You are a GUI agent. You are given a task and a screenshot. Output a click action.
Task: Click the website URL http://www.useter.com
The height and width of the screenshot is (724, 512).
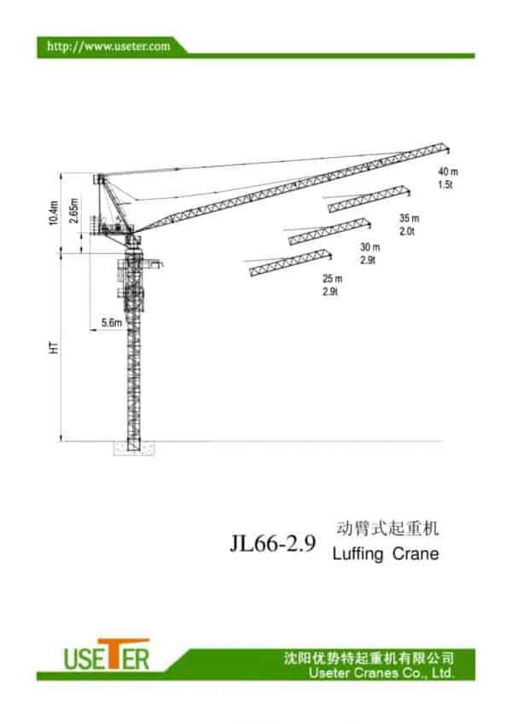click(x=108, y=45)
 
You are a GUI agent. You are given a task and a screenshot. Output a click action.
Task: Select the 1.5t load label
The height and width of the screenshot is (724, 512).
click(x=445, y=184)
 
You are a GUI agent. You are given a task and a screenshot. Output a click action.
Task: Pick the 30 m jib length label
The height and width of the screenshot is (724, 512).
click(x=369, y=248)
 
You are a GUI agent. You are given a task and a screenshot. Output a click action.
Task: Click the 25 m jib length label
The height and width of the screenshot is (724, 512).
click(x=332, y=279)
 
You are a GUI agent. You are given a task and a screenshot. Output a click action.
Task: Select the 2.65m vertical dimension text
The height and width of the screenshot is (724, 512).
click(x=75, y=211)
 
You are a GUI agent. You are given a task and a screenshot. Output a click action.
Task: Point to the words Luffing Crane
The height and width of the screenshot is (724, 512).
click(x=384, y=554)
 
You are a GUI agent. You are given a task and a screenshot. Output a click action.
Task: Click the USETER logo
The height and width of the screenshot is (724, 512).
click(x=107, y=656)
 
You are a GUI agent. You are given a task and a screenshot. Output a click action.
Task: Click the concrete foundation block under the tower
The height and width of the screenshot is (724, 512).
click(x=134, y=448)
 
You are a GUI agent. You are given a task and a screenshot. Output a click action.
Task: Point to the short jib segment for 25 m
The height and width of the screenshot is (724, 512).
click(x=289, y=262)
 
